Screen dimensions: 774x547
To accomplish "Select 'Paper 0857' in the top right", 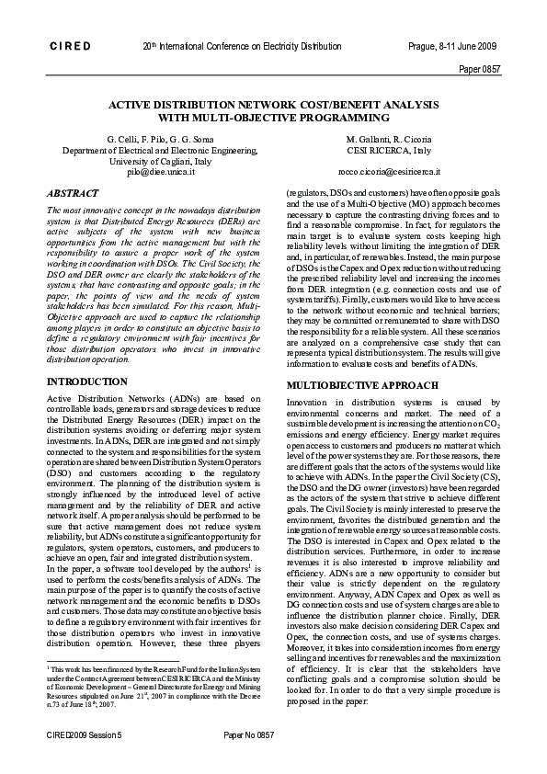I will coord(479,68).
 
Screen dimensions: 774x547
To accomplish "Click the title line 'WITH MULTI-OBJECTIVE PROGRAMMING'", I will coord(274,118).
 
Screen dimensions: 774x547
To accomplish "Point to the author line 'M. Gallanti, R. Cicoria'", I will coord(389,138).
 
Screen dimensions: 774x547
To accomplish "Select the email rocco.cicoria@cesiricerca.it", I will coord(389,171).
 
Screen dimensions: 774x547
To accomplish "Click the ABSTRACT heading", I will coord(74,194).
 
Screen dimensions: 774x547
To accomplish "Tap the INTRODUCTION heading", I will coord(87,381).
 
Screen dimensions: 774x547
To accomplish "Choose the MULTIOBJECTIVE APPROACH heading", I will coord(355,385).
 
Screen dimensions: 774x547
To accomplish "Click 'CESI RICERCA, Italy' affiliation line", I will coord(389,149).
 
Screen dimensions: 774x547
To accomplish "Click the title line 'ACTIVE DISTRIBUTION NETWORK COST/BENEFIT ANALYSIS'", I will coord(274,105).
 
